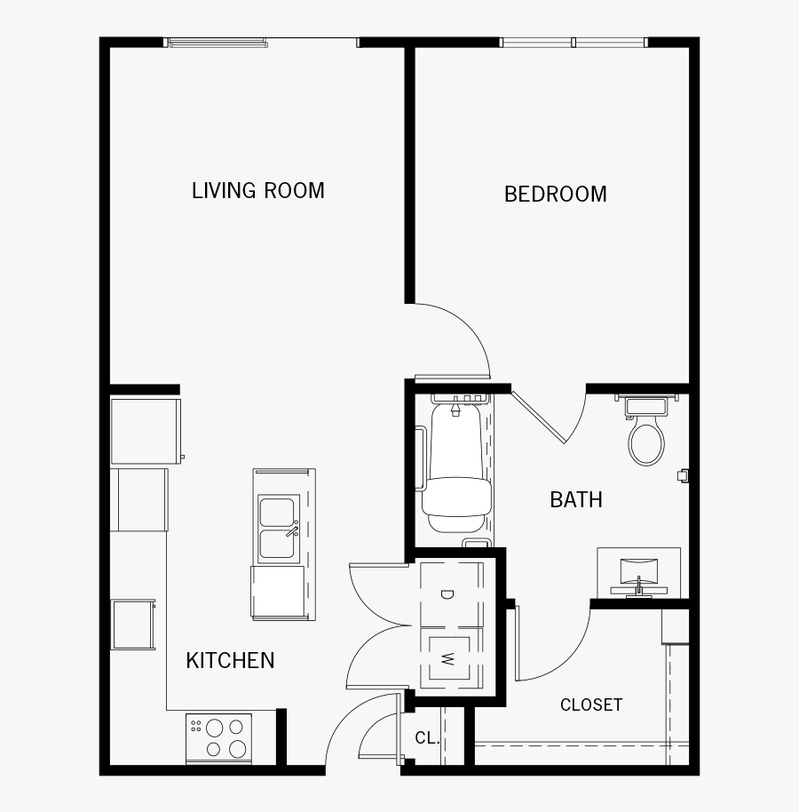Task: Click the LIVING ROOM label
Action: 258,191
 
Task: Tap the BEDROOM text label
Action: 556,195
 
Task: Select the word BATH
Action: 576,500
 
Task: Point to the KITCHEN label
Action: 230,661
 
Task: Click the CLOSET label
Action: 591,705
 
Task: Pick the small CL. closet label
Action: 427,738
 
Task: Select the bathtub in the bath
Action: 455,471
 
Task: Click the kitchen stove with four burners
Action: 218,737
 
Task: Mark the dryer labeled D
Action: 448,594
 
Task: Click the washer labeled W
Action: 448,659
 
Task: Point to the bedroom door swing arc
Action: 462,333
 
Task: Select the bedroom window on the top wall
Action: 574,42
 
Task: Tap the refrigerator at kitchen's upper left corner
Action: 146,431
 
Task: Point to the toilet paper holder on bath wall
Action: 682,475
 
